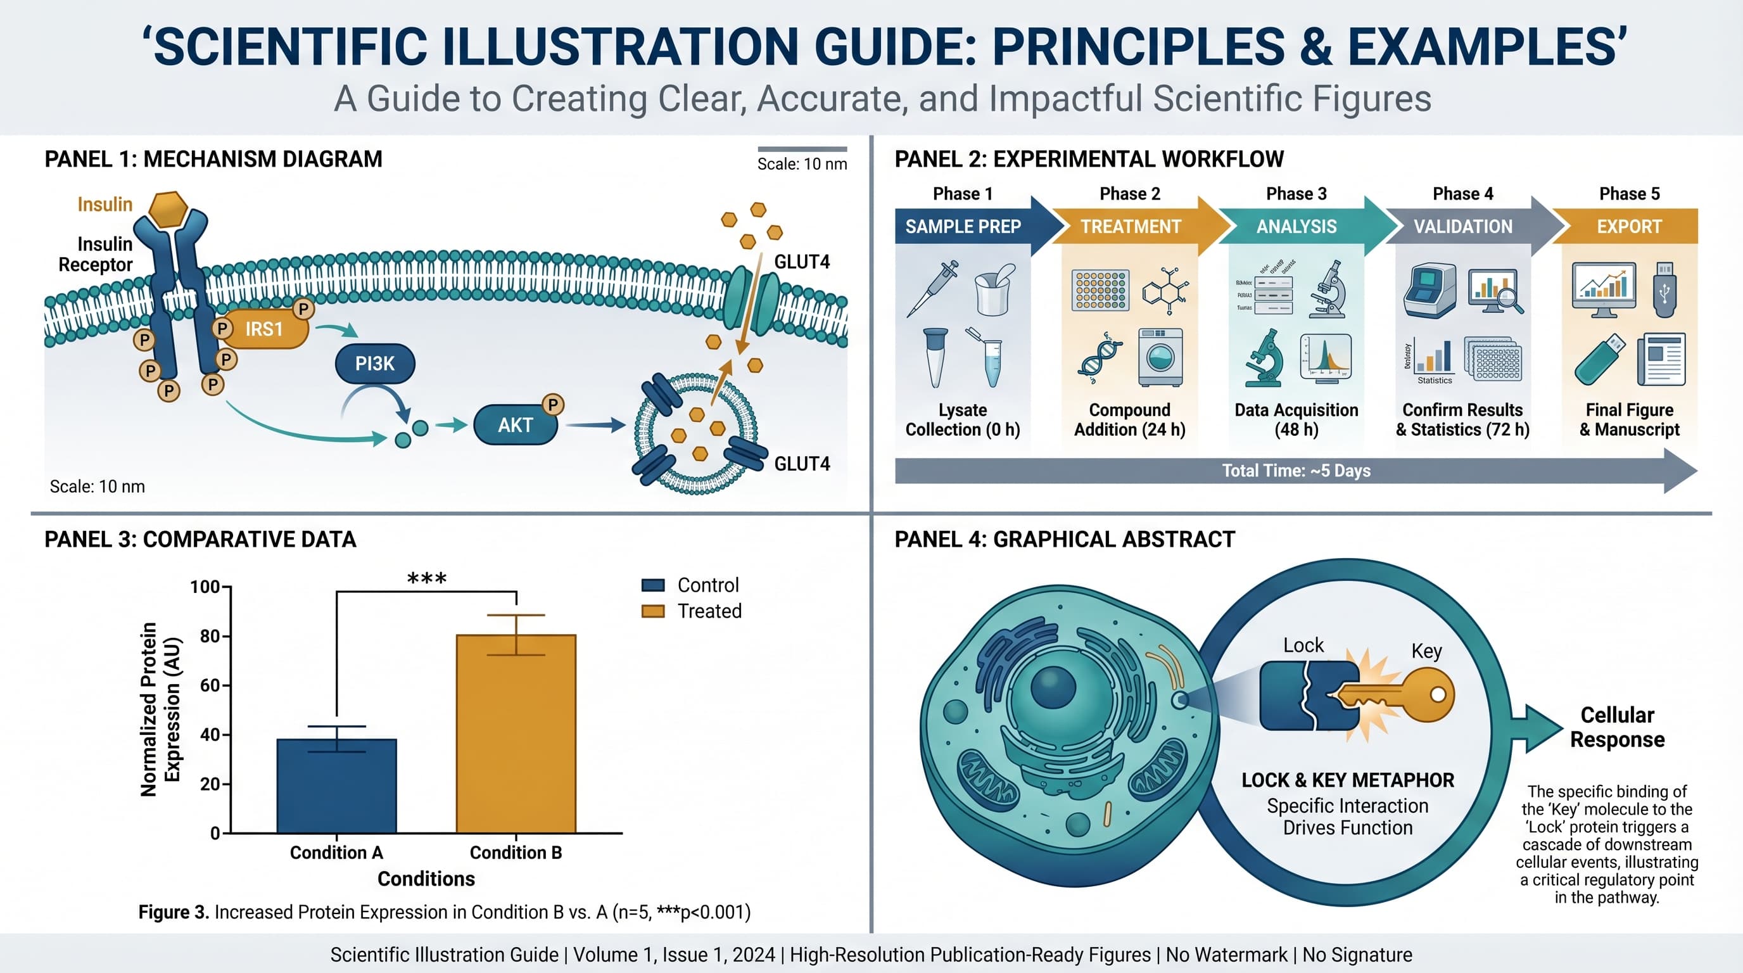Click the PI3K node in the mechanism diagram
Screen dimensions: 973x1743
(375, 364)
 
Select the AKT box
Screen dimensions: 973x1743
(516, 425)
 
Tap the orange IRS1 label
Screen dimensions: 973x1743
(264, 329)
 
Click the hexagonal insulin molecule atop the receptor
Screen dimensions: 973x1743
(168, 209)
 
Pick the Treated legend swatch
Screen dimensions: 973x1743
(652, 611)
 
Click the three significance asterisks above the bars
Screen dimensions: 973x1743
(426, 579)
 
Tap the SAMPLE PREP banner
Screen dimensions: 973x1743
(963, 227)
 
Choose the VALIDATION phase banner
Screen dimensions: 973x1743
(1463, 227)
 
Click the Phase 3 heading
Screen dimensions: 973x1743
(1296, 194)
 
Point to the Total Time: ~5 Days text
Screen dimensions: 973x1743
(1296, 471)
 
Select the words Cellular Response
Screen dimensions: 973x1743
(1616, 727)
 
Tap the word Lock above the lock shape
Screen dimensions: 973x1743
(1303, 645)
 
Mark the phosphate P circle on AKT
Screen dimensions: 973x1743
(553, 405)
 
